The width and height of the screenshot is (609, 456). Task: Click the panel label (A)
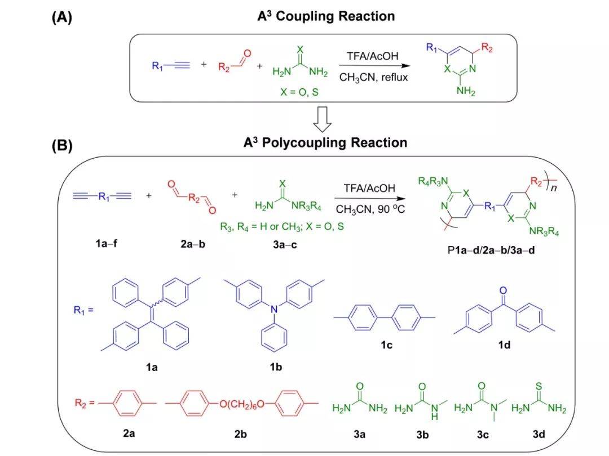62,17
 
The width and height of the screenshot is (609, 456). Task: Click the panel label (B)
62,146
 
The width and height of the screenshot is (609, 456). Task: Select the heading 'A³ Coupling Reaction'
326,16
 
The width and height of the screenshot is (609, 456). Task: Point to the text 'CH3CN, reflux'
373,77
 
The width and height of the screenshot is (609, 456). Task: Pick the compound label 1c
386,345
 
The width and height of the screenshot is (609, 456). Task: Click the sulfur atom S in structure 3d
539,387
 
